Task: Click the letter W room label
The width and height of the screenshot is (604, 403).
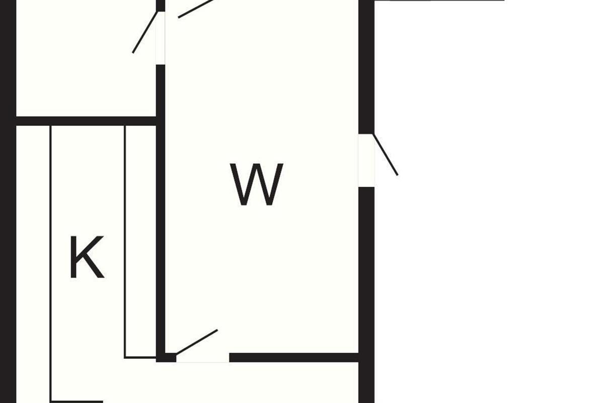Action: tap(257, 185)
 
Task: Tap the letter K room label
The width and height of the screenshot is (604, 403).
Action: tap(87, 257)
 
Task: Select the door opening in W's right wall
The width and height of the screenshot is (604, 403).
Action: tap(366, 160)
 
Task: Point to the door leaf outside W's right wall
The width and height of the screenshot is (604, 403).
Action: tap(386, 155)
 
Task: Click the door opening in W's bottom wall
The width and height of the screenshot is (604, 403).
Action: tap(202, 358)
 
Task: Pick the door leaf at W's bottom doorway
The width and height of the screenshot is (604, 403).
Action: tap(197, 342)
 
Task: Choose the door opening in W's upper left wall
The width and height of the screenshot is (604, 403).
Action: tap(161, 38)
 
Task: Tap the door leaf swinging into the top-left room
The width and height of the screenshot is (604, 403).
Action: tap(145, 32)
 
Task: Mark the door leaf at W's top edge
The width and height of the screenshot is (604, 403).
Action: tap(196, 9)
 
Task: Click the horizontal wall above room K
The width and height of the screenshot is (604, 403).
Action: tap(86, 121)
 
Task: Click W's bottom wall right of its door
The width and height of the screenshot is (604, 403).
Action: tap(294, 358)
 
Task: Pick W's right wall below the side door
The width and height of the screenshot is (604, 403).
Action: tap(366, 272)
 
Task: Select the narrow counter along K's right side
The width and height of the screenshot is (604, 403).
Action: tap(140, 242)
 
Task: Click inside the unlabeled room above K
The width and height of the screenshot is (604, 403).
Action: tap(86, 60)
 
